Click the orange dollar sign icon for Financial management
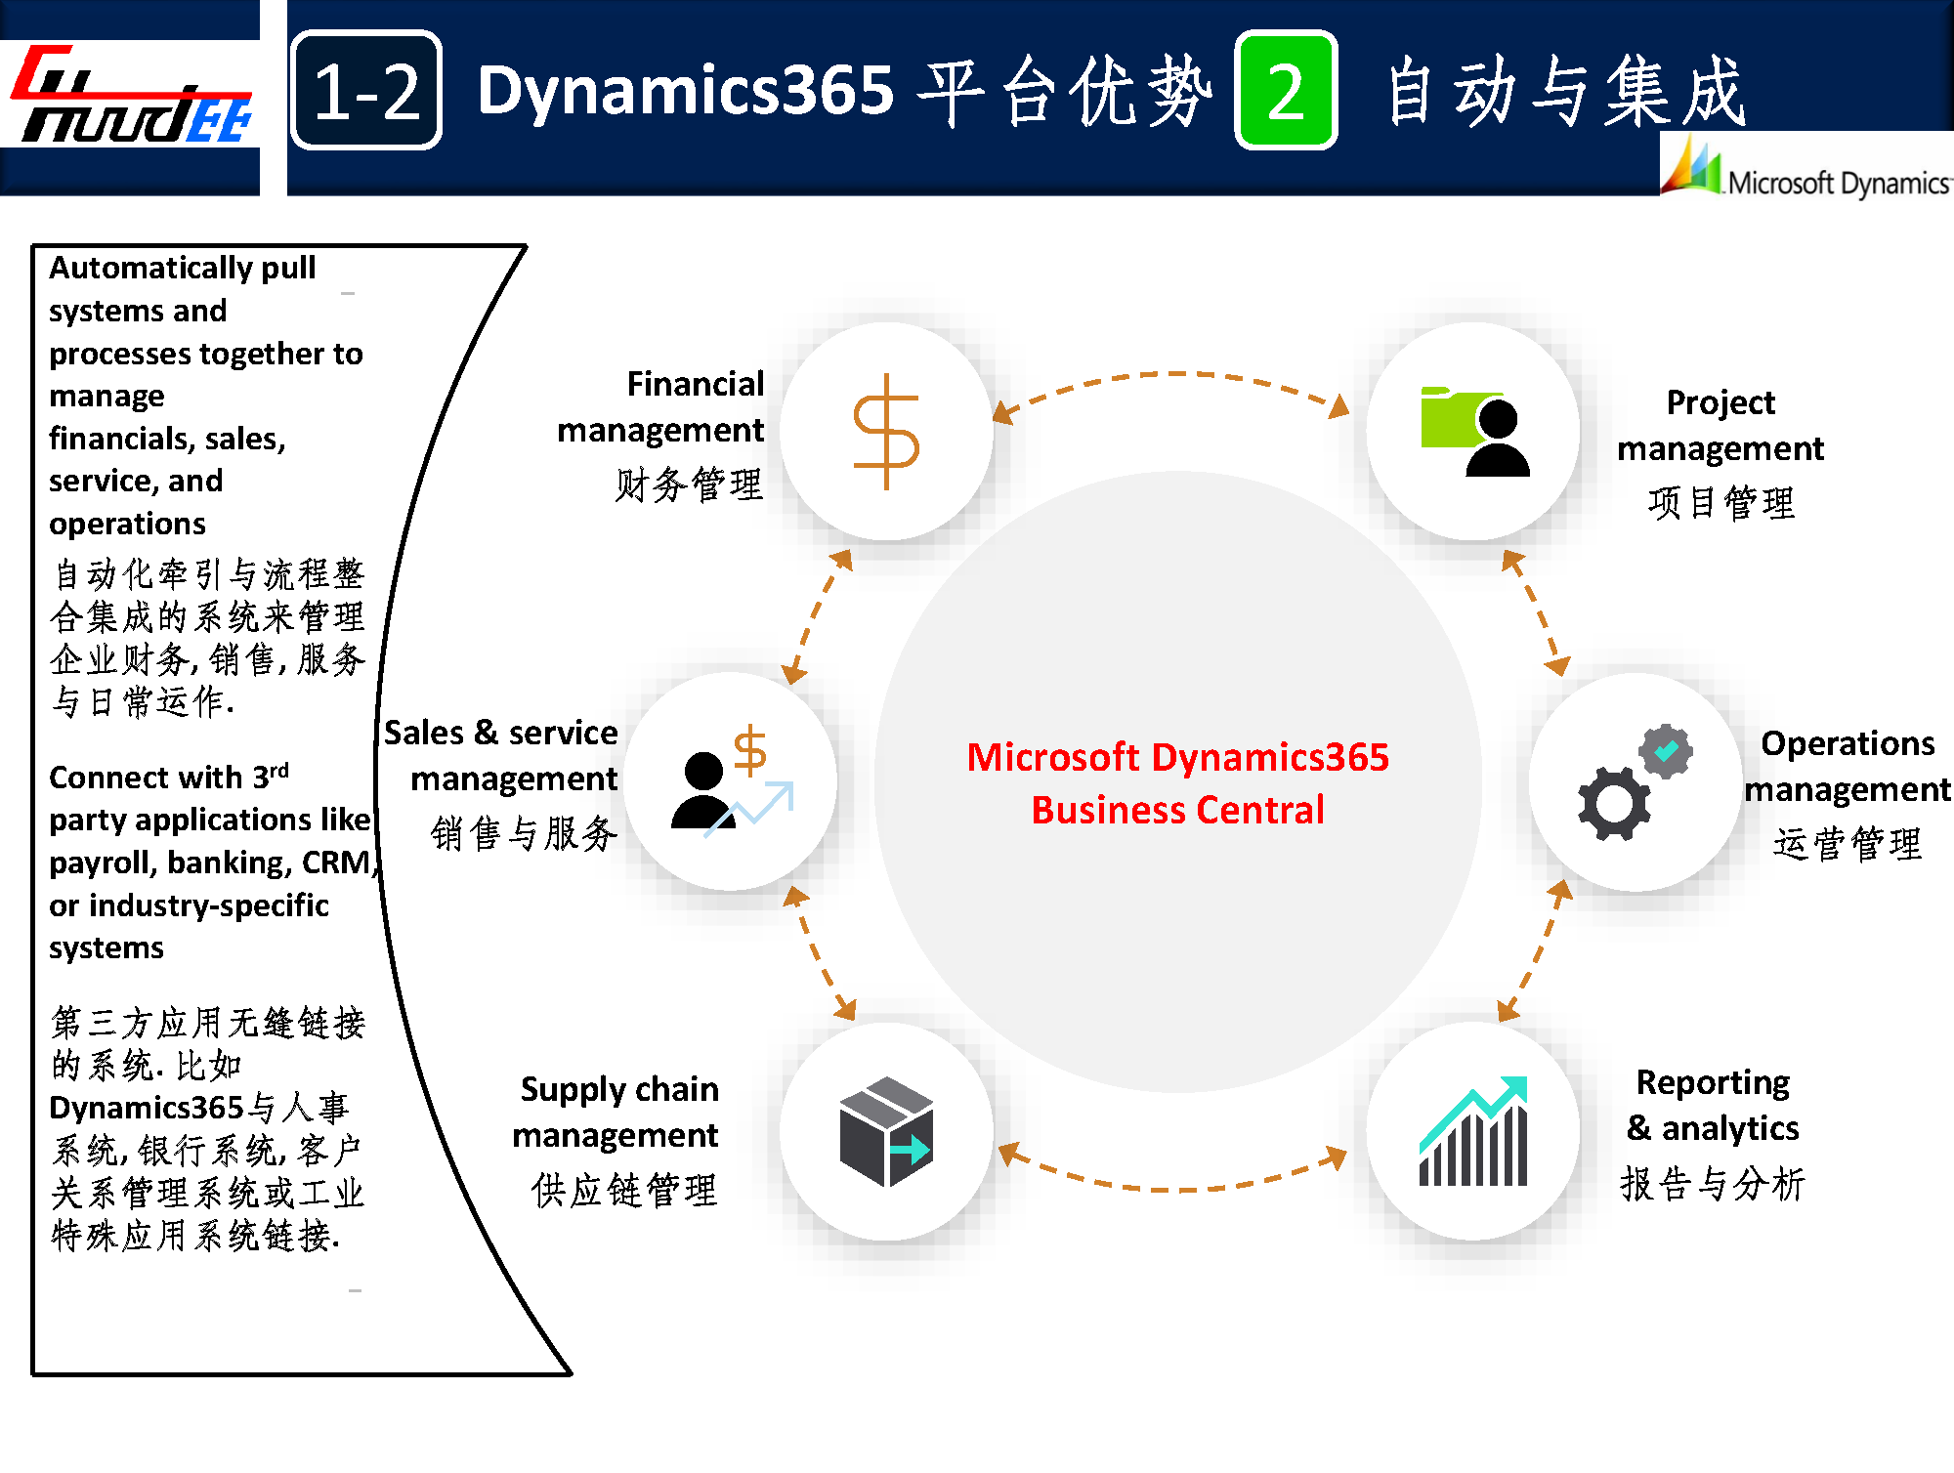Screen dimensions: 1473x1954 [x=886, y=431]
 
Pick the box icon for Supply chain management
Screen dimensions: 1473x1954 [x=886, y=1131]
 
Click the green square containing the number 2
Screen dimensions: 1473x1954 [x=1286, y=91]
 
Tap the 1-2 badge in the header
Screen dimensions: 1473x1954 [x=366, y=91]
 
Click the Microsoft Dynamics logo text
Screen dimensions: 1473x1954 [x=1837, y=183]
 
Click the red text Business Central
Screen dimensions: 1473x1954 [x=1177, y=810]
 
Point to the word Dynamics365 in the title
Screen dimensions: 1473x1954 [x=686, y=90]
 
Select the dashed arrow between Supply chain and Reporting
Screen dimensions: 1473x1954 [x=1172, y=1187]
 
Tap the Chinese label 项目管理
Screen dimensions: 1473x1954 [x=1720, y=503]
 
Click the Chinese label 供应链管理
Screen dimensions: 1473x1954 [x=624, y=1191]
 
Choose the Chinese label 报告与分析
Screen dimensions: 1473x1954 [x=1713, y=1184]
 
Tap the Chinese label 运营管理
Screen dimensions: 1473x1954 [x=1847, y=843]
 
